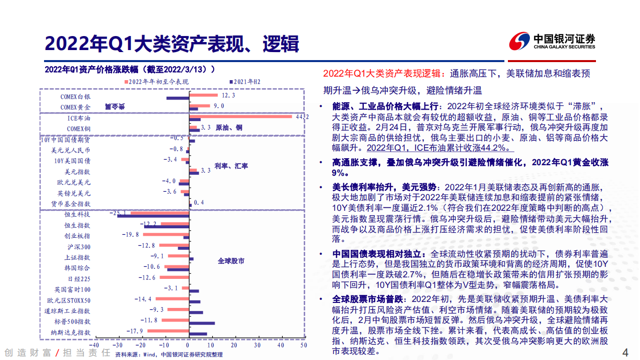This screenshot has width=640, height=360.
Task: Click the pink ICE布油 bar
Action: [240, 117]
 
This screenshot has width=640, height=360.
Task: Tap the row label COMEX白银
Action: [76, 96]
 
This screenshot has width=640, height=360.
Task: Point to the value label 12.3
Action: [228, 95]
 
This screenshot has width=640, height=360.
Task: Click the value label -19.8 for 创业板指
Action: [130, 234]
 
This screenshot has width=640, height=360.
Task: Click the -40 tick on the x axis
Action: [93, 345]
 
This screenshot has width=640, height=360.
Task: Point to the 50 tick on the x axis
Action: [303, 345]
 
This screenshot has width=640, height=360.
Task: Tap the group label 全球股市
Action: [231, 261]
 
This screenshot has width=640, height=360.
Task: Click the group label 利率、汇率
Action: [231, 166]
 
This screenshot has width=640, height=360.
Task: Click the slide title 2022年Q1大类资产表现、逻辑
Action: [172, 44]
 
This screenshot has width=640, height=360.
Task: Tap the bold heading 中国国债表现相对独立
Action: [378, 254]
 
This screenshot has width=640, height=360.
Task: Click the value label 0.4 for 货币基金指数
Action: [199, 202]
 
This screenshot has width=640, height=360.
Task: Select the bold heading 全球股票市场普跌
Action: [368, 299]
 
